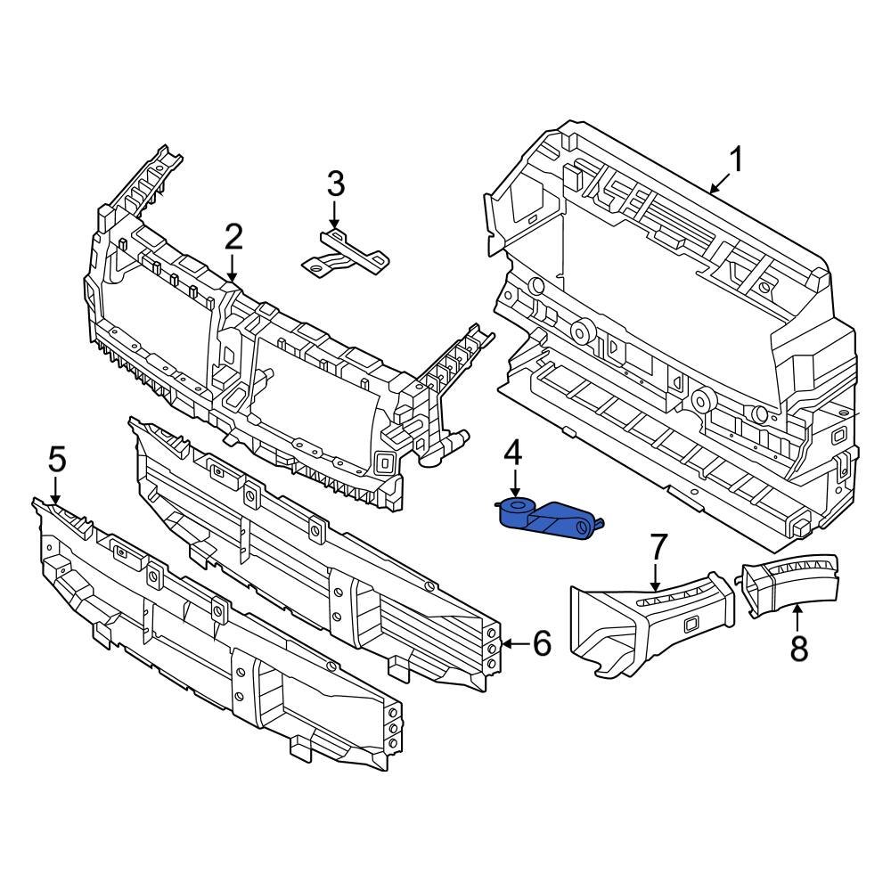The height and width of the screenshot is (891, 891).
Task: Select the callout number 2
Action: [233, 237]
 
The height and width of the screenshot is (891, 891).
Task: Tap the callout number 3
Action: [334, 185]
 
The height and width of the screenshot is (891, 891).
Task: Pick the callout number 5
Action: [56, 461]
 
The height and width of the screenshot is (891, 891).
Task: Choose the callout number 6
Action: [543, 643]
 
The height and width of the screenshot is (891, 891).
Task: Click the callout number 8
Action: [798, 648]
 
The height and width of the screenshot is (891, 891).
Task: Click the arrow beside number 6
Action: [513, 643]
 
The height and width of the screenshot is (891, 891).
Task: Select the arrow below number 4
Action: [514, 486]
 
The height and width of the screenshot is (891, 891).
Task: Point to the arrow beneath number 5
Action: [56, 490]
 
